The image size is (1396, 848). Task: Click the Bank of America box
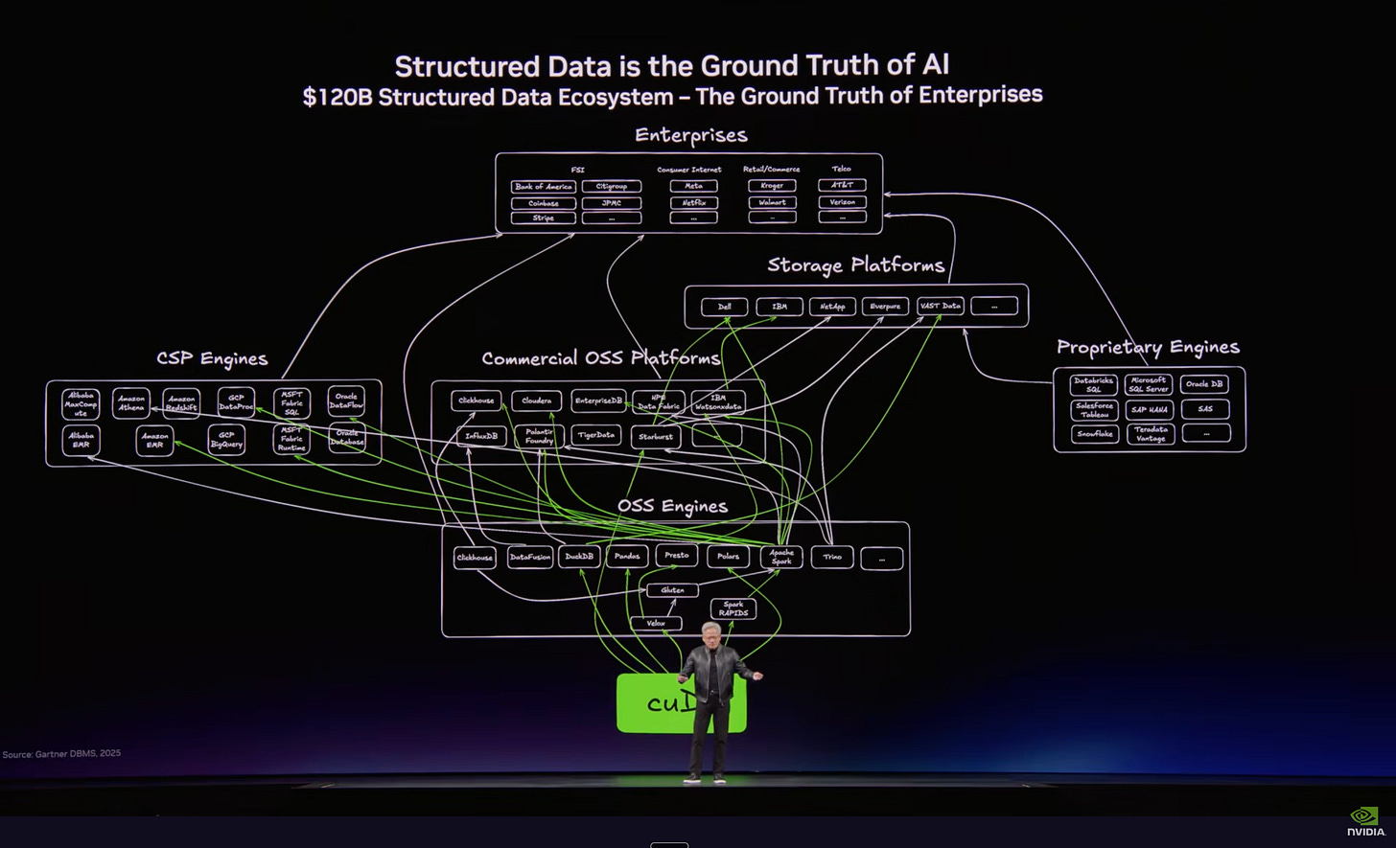543,187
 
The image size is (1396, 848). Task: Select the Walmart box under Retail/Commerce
772,202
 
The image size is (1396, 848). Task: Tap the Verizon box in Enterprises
842,202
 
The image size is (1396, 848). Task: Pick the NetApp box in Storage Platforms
831,307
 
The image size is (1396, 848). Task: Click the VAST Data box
939,307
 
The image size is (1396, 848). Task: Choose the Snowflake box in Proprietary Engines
1094,433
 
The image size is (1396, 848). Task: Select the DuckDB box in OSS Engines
579,557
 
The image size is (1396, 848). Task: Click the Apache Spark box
780,557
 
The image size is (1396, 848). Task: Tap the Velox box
656,624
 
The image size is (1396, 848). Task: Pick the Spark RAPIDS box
733,608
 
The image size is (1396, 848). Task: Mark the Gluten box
672,590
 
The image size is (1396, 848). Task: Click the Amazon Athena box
131,403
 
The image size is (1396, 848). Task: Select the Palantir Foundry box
539,437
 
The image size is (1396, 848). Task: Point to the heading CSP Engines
212,359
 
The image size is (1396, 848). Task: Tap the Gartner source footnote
61,754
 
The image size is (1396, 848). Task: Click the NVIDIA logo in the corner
1365,822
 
